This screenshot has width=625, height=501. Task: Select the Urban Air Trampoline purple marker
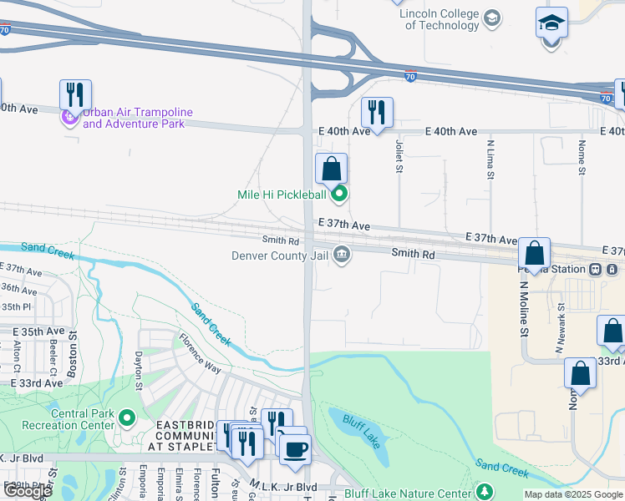[69, 119]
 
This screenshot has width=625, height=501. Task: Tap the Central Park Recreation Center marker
[126, 416]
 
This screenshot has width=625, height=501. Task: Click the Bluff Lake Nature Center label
[418, 493]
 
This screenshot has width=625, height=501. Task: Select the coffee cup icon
[294, 449]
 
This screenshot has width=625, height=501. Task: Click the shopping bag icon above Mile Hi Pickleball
[332, 169]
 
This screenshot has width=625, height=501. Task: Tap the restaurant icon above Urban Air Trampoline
[75, 95]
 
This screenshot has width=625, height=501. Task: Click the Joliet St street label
[399, 156]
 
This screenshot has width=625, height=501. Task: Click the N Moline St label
[524, 310]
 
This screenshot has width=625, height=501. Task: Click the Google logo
[28, 491]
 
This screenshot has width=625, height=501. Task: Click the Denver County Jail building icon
[341, 255]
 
